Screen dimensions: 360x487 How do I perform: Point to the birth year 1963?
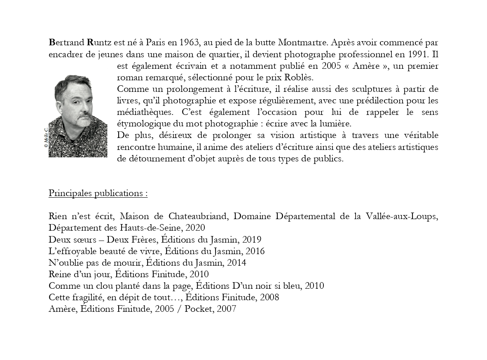click(x=190, y=42)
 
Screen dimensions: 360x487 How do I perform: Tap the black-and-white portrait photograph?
click(x=78, y=116)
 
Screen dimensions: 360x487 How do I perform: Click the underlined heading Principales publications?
click(x=98, y=193)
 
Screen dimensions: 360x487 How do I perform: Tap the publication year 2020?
click(x=195, y=228)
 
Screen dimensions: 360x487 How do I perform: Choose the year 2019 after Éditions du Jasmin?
click(x=252, y=239)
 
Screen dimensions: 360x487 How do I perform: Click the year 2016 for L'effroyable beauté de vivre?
click(x=255, y=251)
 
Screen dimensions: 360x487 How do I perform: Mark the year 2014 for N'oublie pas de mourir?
click(x=236, y=262)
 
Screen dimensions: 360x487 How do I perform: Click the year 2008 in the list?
click(x=269, y=297)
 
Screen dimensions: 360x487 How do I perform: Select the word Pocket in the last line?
click(x=197, y=309)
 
